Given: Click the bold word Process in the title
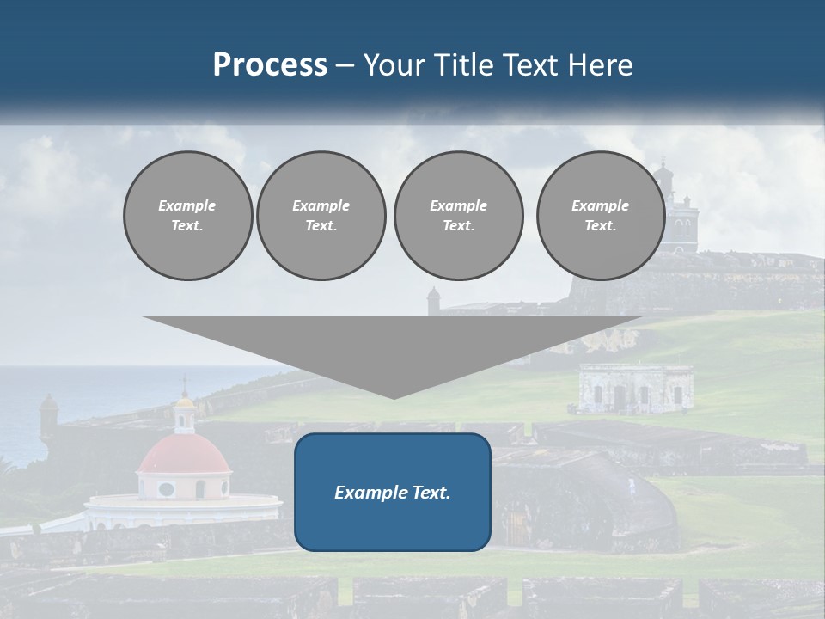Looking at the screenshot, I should (x=270, y=65).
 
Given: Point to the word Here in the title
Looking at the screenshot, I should (x=601, y=65).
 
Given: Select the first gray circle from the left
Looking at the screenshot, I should (x=187, y=216).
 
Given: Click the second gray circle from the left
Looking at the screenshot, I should (x=321, y=216).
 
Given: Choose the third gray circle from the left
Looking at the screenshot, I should (x=458, y=216).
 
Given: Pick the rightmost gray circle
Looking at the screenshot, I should (x=600, y=216).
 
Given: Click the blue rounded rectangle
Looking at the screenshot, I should (x=393, y=492).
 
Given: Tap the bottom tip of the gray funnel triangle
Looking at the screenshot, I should (x=394, y=396).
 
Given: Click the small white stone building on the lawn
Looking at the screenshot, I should (x=635, y=389).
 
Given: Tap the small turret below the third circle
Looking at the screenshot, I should (x=433, y=300).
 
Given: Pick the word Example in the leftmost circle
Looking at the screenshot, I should (x=186, y=205).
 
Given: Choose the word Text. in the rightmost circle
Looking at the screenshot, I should (x=600, y=226).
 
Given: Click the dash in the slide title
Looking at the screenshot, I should (x=345, y=65).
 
